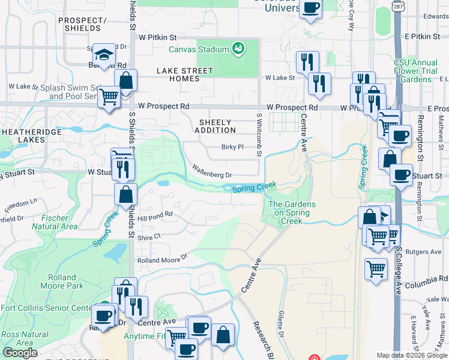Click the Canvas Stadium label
coord(199,49)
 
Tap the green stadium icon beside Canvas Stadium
coord(238,48)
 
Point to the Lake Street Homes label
coord(185,74)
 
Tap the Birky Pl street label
coord(232,146)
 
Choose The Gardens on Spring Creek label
coord(291,212)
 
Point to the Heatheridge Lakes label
coord(23,135)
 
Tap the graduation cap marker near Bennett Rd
coord(104,55)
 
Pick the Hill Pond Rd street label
coord(155,214)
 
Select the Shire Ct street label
coord(149,237)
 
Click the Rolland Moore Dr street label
coord(162,260)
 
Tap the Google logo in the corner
coord(20,353)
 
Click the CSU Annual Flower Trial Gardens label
coord(416,71)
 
